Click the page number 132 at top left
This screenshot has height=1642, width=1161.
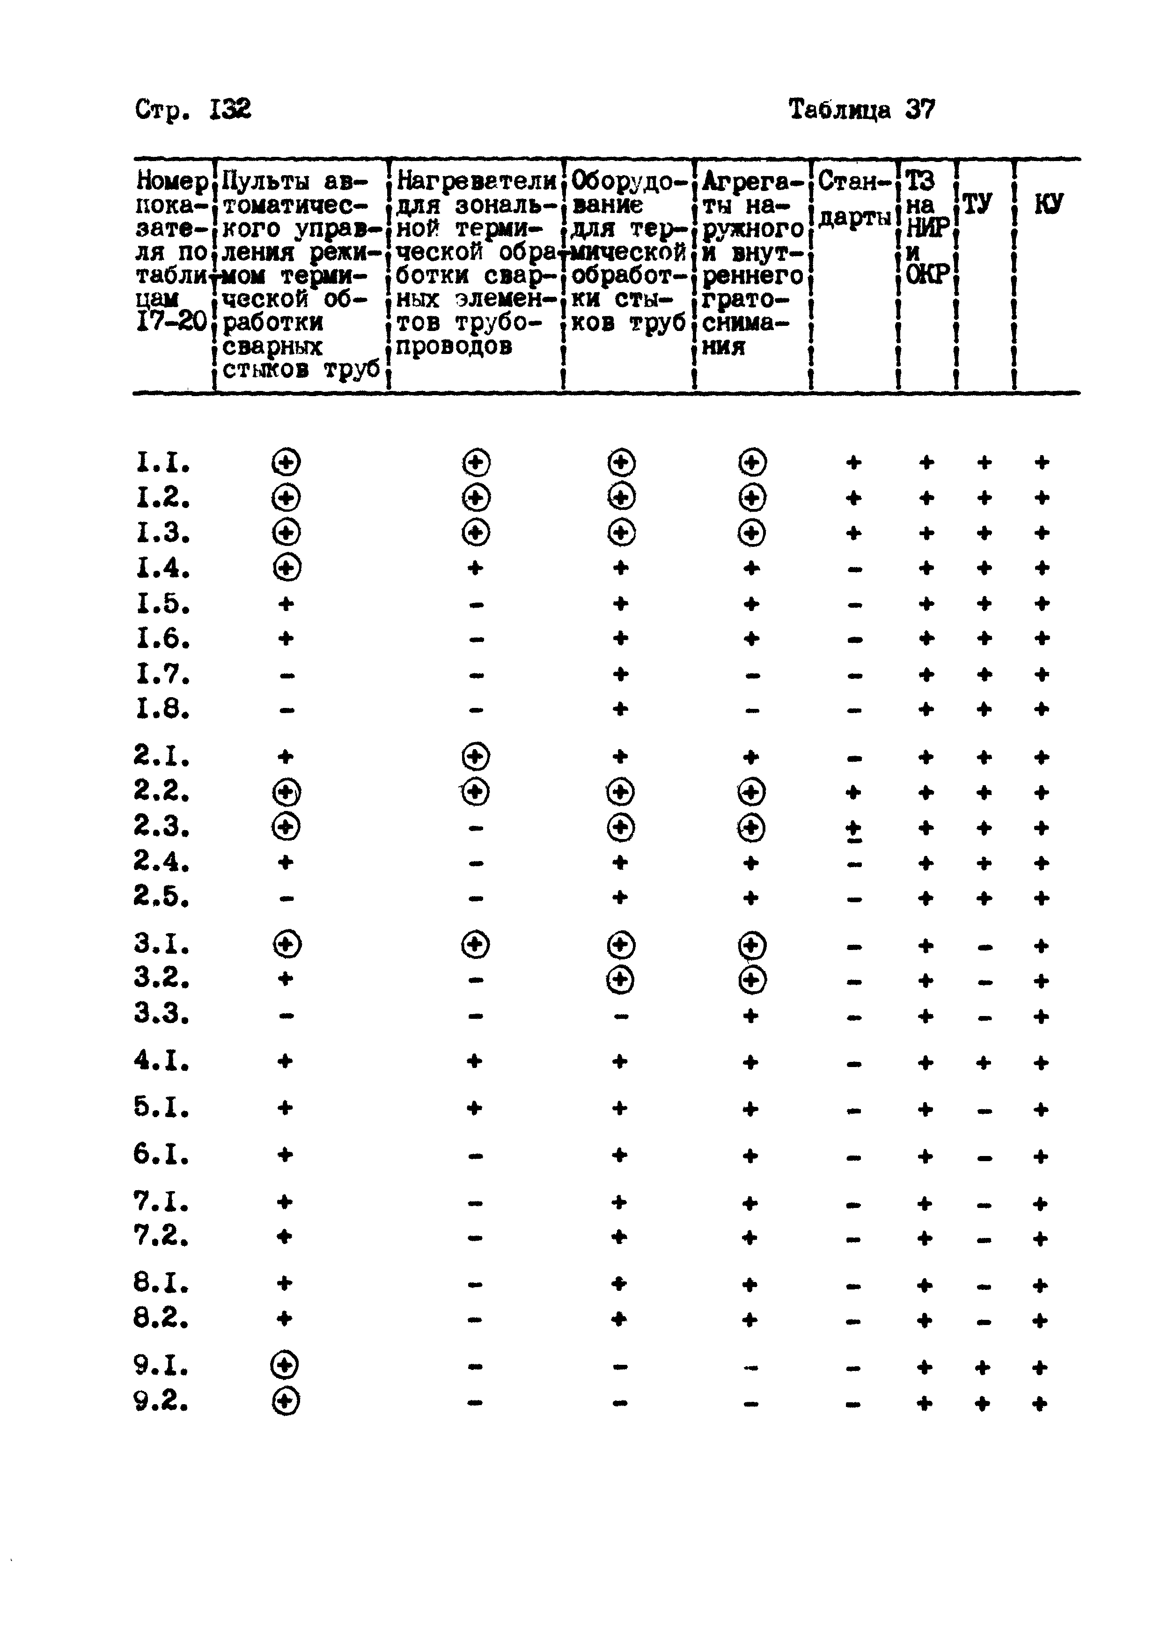[x=230, y=110]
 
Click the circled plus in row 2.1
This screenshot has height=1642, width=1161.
[x=476, y=756]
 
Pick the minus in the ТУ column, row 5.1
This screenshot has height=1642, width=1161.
[x=985, y=1111]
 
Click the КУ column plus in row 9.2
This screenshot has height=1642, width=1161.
[x=1040, y=1404]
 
